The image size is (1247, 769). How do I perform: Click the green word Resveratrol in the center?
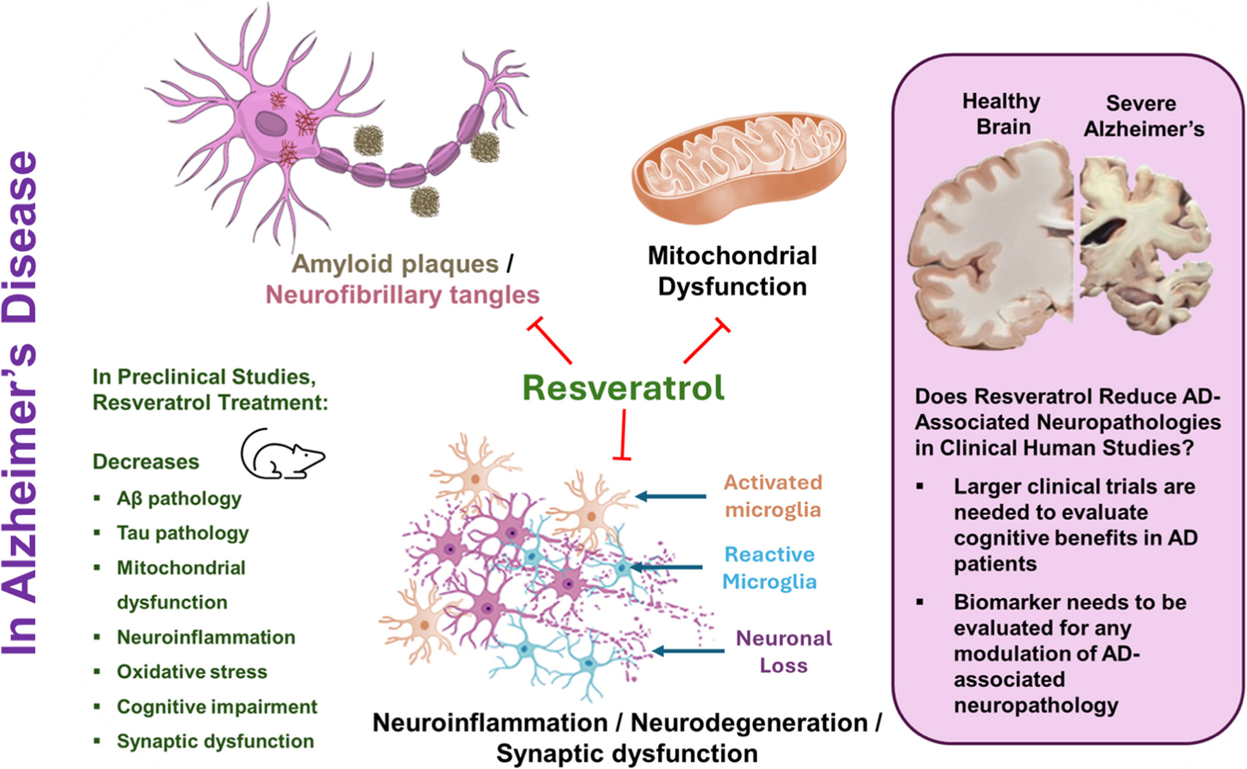coord(623,388)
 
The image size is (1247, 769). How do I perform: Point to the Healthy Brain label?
coord(1002,114)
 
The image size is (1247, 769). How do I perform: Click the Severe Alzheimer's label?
coord(1143,116)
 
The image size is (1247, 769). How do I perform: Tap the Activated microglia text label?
coord(773,496)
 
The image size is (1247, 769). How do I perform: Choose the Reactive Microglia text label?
coord(769,567)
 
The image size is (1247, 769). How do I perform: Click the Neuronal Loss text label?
coord(783,651)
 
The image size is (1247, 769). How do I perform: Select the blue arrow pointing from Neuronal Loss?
coord(688,651)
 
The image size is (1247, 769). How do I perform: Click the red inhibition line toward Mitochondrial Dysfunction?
coord(706,341)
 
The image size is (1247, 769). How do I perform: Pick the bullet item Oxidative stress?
coord(191,671)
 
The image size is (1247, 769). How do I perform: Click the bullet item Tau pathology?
coord(182,533)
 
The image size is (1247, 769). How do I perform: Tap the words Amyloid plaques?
coord(395,264)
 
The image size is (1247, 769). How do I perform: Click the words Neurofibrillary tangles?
coord(402,295)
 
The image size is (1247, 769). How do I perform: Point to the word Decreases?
coord(146,462)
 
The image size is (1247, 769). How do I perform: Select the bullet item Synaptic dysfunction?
coord(215,741)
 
